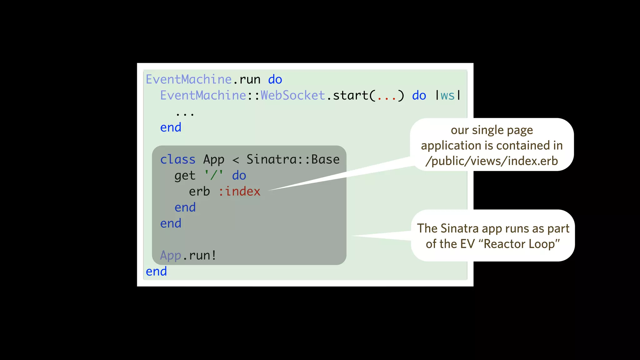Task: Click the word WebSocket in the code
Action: (293, 95)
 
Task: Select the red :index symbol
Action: (239, 191)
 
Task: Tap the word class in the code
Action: (177, 159)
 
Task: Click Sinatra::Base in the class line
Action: (293, 159)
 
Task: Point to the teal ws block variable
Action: (447, 96)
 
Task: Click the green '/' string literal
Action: (214, 175)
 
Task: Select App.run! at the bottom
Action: (188, 255)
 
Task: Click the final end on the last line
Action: (156, 271)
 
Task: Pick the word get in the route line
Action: (185, 176)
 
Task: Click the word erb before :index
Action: (199, 191)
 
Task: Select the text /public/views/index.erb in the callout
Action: (492, 161)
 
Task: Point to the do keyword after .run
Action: (275, 80)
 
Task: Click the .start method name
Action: (350, 95)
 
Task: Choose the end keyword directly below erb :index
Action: (185, 207)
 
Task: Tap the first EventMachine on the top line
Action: (189, 79)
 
